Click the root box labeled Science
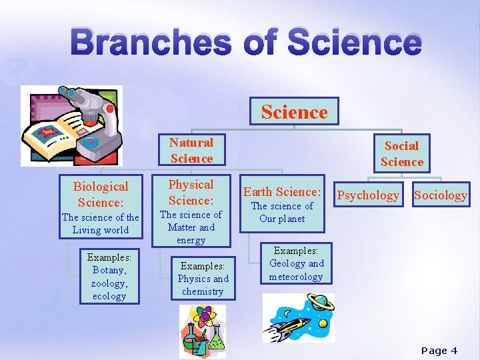click(x=294, y=111)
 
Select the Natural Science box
click(x=191, y=150)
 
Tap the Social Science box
click(x=401, y=153)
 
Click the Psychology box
click(x=368, y=195)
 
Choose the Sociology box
click(x=441, y=195)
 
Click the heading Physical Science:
click(x=191, y=192)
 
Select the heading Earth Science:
click(x=282, y=192)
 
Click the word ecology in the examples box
click(x=109, y=296)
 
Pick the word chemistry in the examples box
click(x=203, y=291)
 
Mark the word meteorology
click(x=296, y=277)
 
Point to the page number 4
click(x=454, y=351)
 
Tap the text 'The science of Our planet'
click(x=282, y=212)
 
